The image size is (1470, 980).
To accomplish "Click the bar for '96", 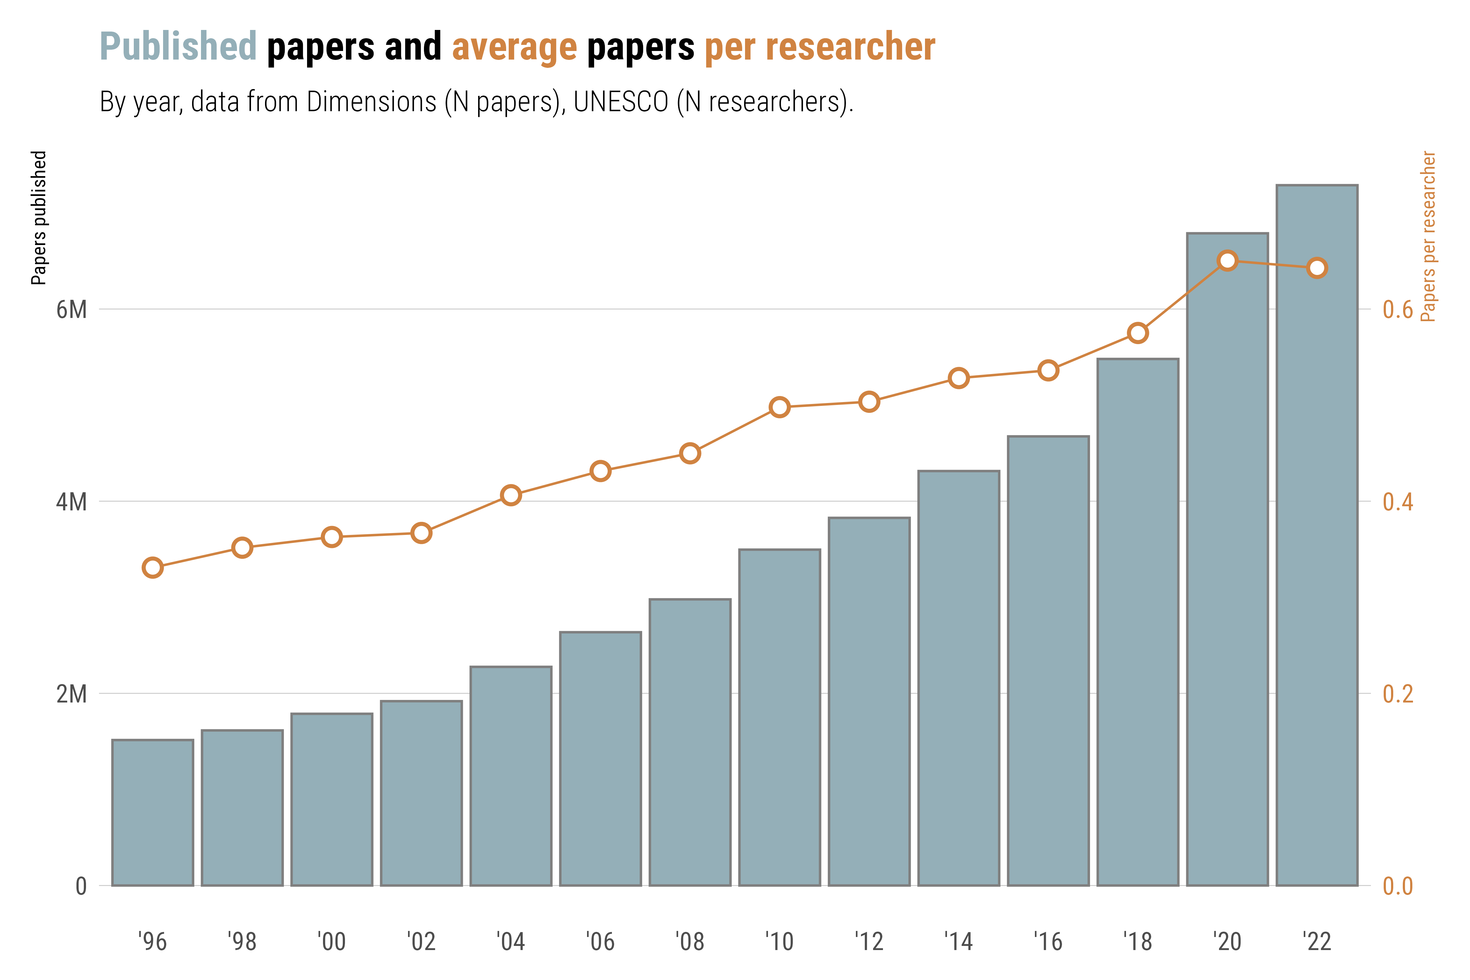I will pos(153,812).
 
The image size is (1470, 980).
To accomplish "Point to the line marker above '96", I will pos(153,567).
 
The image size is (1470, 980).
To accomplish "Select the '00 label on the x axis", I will pos(331,941).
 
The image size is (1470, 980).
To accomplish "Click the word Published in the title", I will pos(178,47).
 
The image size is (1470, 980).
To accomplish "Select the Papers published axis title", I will pos(39,218).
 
